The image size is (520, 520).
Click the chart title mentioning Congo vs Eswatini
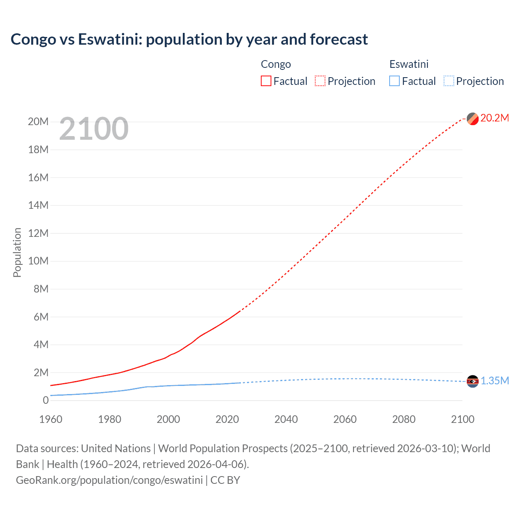189,39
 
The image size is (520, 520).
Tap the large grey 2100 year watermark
94,129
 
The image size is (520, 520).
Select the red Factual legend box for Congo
266,81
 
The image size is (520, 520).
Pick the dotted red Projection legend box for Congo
320,81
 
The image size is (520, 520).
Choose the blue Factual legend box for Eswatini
394,81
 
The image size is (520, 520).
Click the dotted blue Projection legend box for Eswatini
448,81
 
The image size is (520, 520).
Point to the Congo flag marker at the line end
472,119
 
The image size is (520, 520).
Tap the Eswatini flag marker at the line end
472,381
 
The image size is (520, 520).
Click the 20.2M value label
494,118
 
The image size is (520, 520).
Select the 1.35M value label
494,381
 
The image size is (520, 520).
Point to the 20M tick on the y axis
38,122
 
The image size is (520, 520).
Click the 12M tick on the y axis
38,233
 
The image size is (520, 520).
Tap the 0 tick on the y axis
45,400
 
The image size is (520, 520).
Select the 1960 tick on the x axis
51,419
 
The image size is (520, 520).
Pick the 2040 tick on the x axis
286,419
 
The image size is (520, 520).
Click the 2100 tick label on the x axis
462,419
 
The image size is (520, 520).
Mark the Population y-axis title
17,252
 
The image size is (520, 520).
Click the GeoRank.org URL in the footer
109,480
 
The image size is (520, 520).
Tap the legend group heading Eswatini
409,64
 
